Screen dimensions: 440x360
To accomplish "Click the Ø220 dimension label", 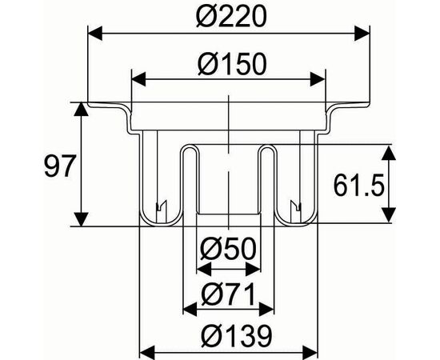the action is pos(230,16).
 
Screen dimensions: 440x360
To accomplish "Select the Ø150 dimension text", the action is pos(232,64).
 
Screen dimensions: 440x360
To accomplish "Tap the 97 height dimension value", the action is pos(59,166).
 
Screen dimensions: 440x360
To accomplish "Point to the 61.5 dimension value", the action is pos(358,186).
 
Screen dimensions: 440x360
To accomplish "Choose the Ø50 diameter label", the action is pos(229,249).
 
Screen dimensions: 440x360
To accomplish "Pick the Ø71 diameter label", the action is pos(229,294).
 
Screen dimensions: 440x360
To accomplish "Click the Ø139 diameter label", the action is pos(237,336).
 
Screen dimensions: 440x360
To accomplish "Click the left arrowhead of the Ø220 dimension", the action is pos(95,34).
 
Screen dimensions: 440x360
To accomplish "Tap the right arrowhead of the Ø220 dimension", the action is pos(362,34).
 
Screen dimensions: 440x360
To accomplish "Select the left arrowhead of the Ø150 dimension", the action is pos(139,79).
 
